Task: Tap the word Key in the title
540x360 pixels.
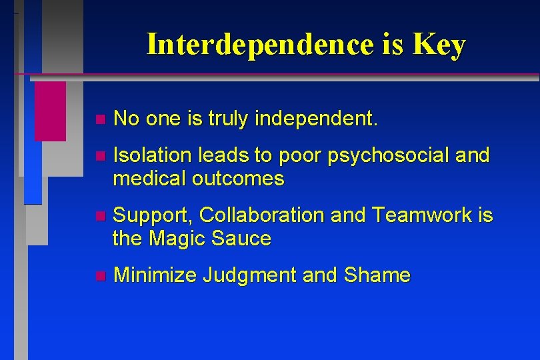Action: click(439, 45)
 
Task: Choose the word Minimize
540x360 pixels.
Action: click(155, 275)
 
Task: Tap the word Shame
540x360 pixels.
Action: click(377, 275)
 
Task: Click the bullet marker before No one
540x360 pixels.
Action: click(100, 120)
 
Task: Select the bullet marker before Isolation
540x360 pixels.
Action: click(100, 157)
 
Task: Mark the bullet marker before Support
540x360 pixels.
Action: click(100, 216)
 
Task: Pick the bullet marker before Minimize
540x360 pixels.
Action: click(100, 275)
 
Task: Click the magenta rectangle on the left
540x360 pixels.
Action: click(50, 111)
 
